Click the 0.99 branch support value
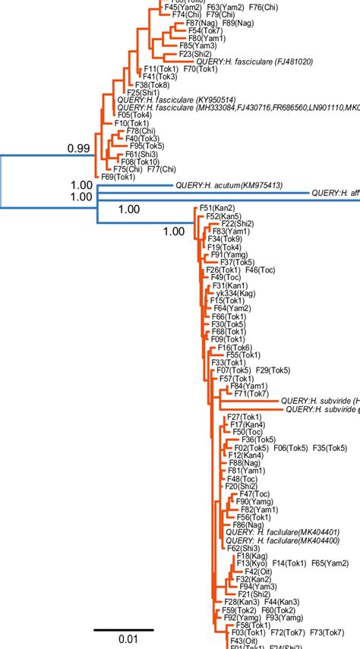coord(78,148)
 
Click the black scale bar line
coord(124,629)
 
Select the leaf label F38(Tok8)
coord(144,84)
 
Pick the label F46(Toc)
coord(264,270)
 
